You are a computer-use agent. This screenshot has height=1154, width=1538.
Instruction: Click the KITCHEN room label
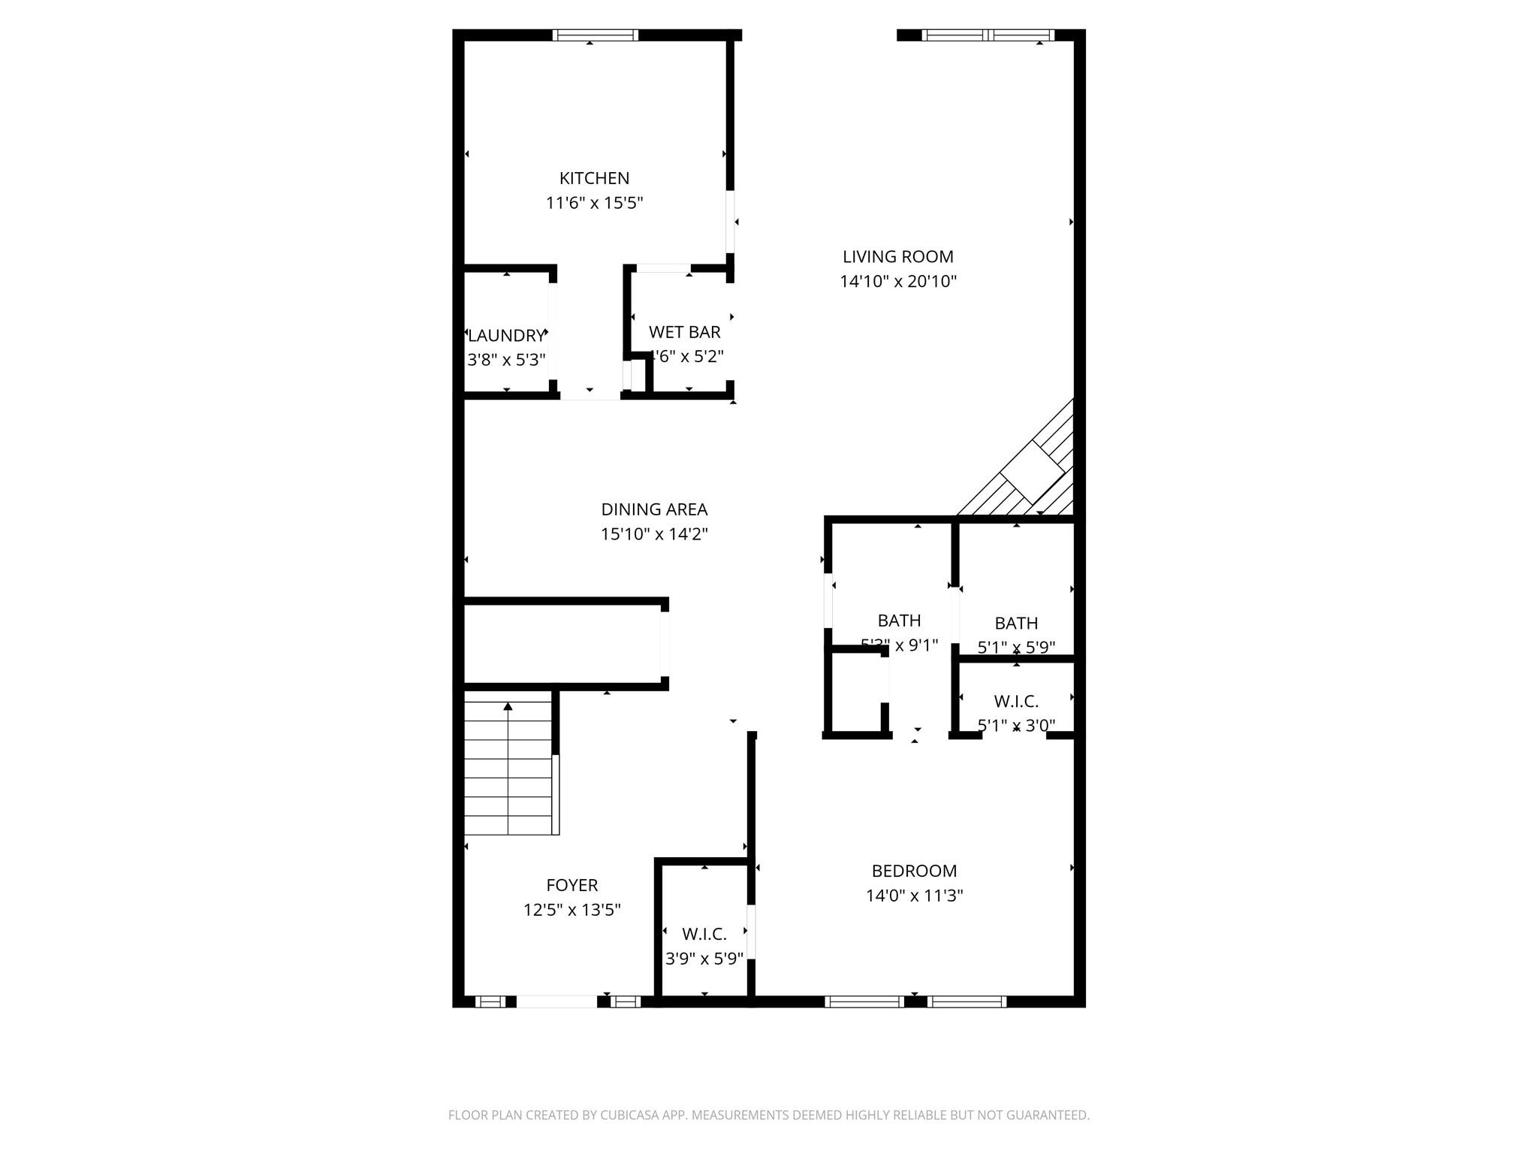[594, 178]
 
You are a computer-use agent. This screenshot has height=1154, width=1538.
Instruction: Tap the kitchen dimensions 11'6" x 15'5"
[594, 203]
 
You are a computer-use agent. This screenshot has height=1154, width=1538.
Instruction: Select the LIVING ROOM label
[897, 257]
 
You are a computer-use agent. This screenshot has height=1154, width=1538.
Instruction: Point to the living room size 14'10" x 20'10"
[897, 282]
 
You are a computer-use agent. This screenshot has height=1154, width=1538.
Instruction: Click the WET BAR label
[684, 332]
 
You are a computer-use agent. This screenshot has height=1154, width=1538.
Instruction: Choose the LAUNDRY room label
[505, 335]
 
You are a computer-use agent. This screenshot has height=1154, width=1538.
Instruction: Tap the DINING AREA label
[654, 509]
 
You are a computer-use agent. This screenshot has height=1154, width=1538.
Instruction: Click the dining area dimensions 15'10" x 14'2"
[654, 534]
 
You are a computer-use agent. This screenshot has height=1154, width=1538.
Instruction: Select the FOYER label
[572, 885]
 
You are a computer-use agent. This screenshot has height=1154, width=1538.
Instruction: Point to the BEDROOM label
[914, 871]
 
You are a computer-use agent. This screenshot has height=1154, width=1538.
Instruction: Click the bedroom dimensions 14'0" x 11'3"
[914, 896]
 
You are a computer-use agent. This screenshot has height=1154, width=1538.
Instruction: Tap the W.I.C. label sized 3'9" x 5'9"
[704, 934]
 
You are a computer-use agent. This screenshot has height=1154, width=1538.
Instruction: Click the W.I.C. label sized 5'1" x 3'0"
[1016, 702]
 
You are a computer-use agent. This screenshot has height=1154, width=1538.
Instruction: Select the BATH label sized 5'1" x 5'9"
[1016, 623]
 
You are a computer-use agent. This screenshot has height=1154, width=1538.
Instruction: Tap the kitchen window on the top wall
[595, 35]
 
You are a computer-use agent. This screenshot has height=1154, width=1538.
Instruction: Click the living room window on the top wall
[988, 35]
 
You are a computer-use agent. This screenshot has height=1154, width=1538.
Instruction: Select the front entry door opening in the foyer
[556, 1001]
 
